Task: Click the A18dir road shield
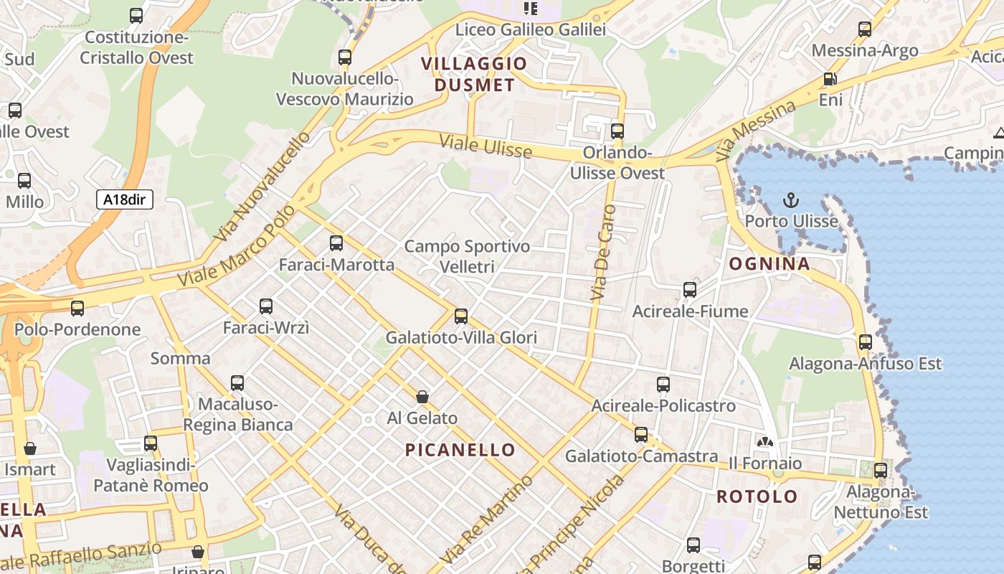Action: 125,199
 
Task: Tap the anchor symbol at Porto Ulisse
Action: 791,200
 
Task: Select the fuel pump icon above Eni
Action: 830,79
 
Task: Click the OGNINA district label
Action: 769,264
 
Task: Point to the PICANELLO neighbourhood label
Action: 460,450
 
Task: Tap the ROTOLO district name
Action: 757,497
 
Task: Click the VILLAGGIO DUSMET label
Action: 474,74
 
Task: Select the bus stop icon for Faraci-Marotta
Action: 336,243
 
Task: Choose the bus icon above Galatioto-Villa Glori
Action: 461,316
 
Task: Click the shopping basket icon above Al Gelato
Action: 422,397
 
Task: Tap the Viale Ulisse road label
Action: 486,146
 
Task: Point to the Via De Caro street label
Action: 603,253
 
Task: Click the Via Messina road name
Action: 756,130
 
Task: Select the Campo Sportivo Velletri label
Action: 467,256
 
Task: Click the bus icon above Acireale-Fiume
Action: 690,290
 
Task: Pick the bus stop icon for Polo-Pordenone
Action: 77,309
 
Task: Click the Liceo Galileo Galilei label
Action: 531,29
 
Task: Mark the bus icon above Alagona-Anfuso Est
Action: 866,342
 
